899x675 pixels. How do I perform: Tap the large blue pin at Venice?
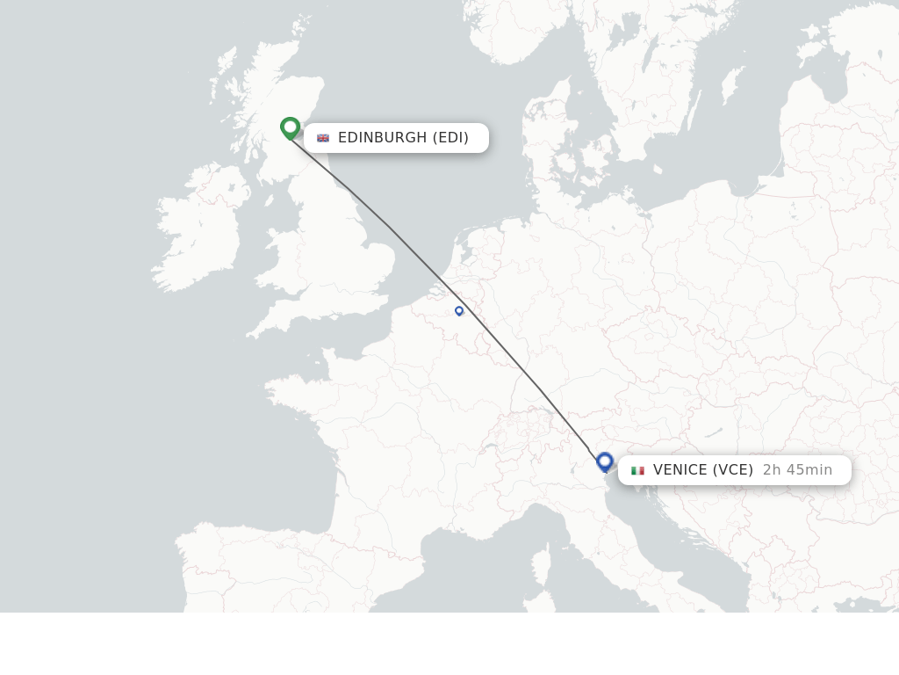pyautogui.click(x=604, y=461)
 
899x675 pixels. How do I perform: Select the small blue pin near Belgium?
pyautogui.click(x=459, y=310)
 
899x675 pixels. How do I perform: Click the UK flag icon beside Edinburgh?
pyautogui.click(x=323, y=138)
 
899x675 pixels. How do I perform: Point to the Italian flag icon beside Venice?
pyautogui.click(x=637, y=470)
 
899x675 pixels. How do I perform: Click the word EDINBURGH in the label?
pyautogui.click(x=382, y=138)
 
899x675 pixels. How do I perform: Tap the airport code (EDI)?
pyautogui.click(x=450, y=138)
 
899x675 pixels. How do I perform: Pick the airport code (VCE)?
pyautogui.click(x=732, y=470)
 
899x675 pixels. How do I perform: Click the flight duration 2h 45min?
pyautogui.click(x=797, y=470)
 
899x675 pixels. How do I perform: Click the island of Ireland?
pyautogui.click(x=198, y=237)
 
